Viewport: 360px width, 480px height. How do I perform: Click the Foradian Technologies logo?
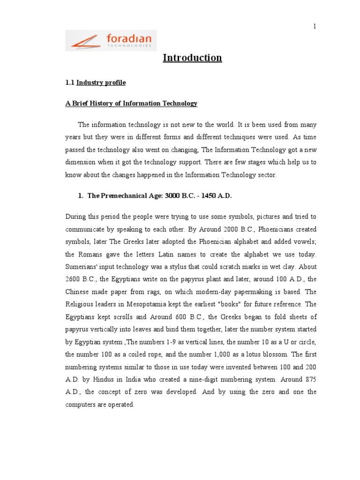111,40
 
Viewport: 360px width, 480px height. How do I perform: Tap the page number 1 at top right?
315,26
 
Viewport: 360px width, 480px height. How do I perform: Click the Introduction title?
192,58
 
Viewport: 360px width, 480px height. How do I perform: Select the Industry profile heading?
101,83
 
